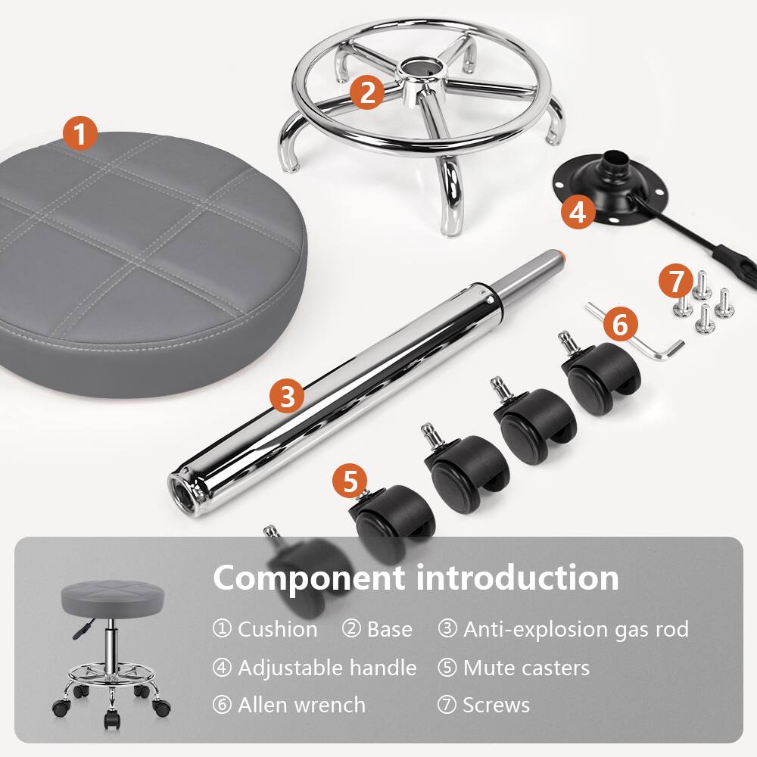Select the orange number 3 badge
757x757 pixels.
287,396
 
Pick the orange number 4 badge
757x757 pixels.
578,212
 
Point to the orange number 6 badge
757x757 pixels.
620,325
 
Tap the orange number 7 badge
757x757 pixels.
675,282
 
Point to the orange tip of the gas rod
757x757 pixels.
561,255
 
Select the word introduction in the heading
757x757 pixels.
517,578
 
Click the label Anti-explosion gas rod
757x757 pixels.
575,629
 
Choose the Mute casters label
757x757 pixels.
525,668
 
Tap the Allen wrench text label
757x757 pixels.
301,705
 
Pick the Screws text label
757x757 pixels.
496,705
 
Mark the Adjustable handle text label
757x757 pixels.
326,668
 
